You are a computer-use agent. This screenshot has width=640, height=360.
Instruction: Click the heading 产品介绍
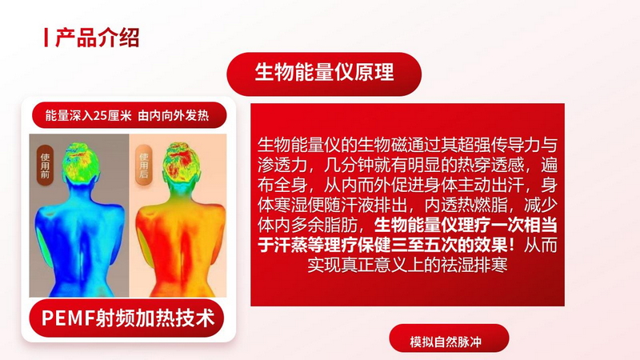click(97, 38)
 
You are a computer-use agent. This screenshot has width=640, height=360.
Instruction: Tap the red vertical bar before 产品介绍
click(46, 38)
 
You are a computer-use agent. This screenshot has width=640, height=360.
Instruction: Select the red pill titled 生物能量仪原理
click(324, 74)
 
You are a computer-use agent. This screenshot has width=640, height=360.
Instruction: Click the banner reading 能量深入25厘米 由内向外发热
click(129, 115)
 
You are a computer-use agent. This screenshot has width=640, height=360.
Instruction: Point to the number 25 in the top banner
click(100, 116)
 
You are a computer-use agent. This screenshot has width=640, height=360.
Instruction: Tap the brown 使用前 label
click(45, 165)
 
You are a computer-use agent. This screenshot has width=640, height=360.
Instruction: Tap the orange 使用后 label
click(144, 165)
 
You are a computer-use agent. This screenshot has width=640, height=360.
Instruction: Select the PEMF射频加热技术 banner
click(126, 318)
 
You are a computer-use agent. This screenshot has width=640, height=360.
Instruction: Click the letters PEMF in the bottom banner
click(68, 318)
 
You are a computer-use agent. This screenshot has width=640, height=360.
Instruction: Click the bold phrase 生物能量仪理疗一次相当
click(466, 226)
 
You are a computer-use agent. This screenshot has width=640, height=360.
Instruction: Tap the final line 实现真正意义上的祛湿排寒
click(407, 265)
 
